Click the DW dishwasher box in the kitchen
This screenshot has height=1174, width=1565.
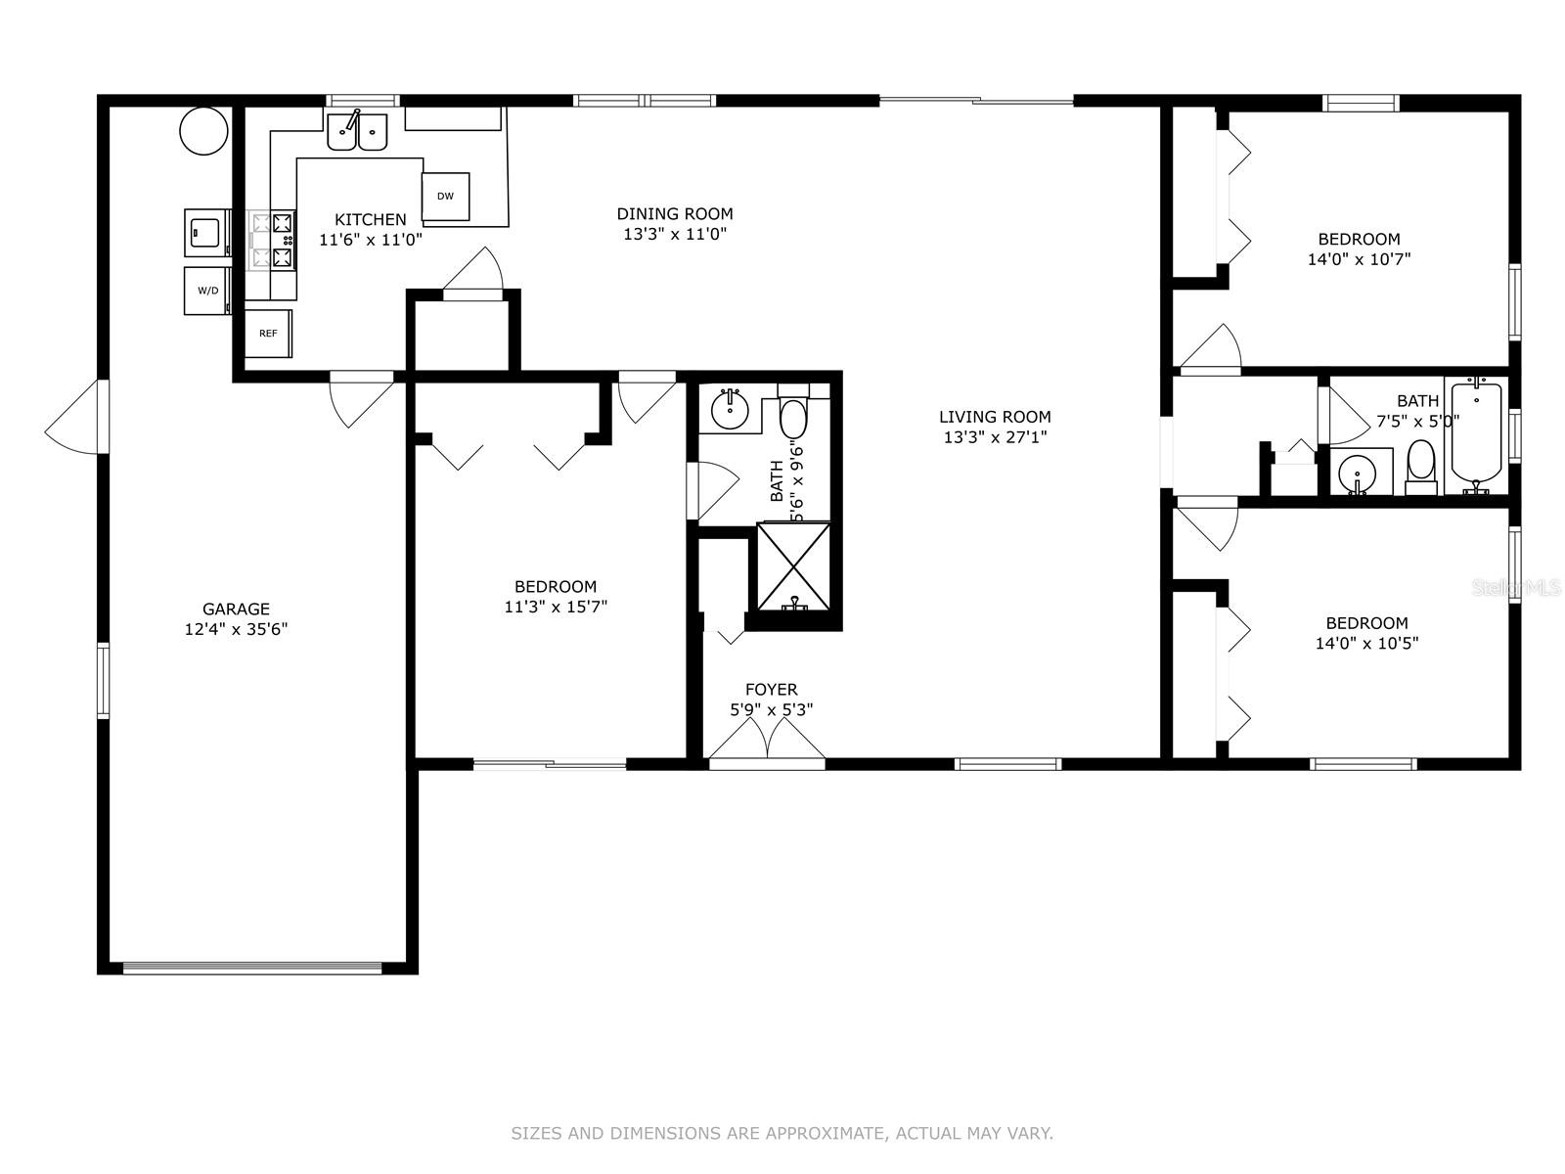tap(445, 196)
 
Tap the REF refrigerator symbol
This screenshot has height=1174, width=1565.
tap(268, 333)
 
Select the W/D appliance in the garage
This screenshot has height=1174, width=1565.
tap(207, 291)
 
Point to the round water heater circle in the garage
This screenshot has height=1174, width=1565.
tap(203, 131)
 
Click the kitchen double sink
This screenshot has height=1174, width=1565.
tap(357, 132)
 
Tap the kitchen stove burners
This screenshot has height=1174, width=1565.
tap(272, 240)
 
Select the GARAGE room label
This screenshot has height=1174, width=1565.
tap(236, 609)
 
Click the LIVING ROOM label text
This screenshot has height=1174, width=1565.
tap(995, 417)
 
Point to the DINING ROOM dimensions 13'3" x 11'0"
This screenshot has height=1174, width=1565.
tap(675, 234)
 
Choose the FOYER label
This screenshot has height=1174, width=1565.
tap(772, 690)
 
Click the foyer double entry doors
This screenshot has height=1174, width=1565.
tap(767, 742)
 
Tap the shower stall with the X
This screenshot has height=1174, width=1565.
tap(793, 566)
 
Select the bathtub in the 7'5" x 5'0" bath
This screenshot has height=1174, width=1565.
tap(1477, 435)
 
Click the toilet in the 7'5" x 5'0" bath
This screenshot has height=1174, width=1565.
tap(1421, 468)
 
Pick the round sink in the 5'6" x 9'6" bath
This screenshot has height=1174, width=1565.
tap(730, 410)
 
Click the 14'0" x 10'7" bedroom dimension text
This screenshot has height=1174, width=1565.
tap(1359, 259)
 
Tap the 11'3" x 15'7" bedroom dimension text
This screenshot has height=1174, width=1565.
tap(556, 608)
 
